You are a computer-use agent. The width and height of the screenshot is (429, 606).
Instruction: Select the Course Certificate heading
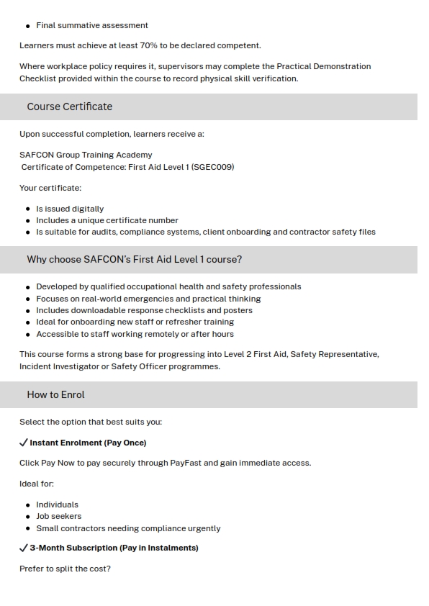pyautogui.click(x=69, y=107)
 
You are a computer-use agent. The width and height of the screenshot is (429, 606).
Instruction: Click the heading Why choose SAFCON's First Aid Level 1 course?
pyautogui.click(x=134, y=259)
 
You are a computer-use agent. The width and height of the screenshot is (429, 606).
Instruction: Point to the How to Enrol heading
pyautogui.click(x=55, y=394)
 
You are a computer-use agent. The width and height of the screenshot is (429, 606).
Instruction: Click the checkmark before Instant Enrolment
pyautogui.click(x=24, y=443)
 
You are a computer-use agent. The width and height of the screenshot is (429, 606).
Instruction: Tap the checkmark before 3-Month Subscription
pyautogui.click(x=24, y=548)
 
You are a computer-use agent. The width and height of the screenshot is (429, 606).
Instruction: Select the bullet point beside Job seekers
pyautogui.click(x=28, y=517)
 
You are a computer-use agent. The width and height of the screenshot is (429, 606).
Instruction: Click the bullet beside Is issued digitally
pyautogui.click(x=28, y=209)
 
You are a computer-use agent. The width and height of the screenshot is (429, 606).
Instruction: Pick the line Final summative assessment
pyautogui.click(x=92, y=25)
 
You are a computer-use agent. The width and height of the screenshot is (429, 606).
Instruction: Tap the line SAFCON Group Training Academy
pyautogui.click(x=86, y=155)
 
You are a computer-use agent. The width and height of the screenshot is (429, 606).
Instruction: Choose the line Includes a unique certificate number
pyautogui.click(x=107, y=220)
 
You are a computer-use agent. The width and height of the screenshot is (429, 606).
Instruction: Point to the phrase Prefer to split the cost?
pyautogui.click(x=65, y=569)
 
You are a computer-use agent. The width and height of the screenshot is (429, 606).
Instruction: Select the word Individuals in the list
pyautogui.click(x=57, y=505)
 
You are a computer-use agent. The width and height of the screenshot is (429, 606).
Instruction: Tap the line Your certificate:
pyautogui.click(x=50, y=188)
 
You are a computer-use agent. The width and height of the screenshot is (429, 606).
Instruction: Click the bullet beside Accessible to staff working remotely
pyautogui.click(x=28, y=335)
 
